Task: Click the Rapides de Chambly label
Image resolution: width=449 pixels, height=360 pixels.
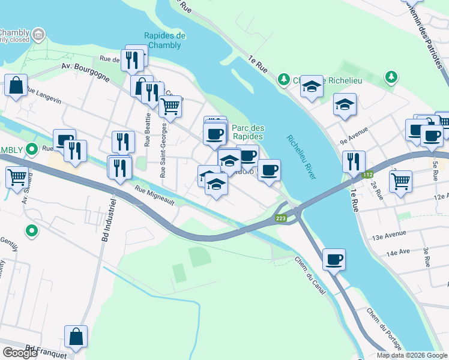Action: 165,40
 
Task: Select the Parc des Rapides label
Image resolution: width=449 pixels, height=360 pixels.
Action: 248,132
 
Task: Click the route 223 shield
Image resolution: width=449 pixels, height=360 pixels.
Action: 281,218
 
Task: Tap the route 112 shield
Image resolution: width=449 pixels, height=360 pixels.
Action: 367,175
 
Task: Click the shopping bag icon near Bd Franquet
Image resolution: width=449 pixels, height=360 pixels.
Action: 76,337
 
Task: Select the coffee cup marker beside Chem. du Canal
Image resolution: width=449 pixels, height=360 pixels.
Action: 334,260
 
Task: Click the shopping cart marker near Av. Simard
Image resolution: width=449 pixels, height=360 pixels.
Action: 17,178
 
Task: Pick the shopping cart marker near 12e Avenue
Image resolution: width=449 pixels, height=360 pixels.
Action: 400,180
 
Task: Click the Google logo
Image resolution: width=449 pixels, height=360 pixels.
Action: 20,353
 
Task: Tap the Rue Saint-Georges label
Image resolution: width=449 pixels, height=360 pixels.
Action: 163,150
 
